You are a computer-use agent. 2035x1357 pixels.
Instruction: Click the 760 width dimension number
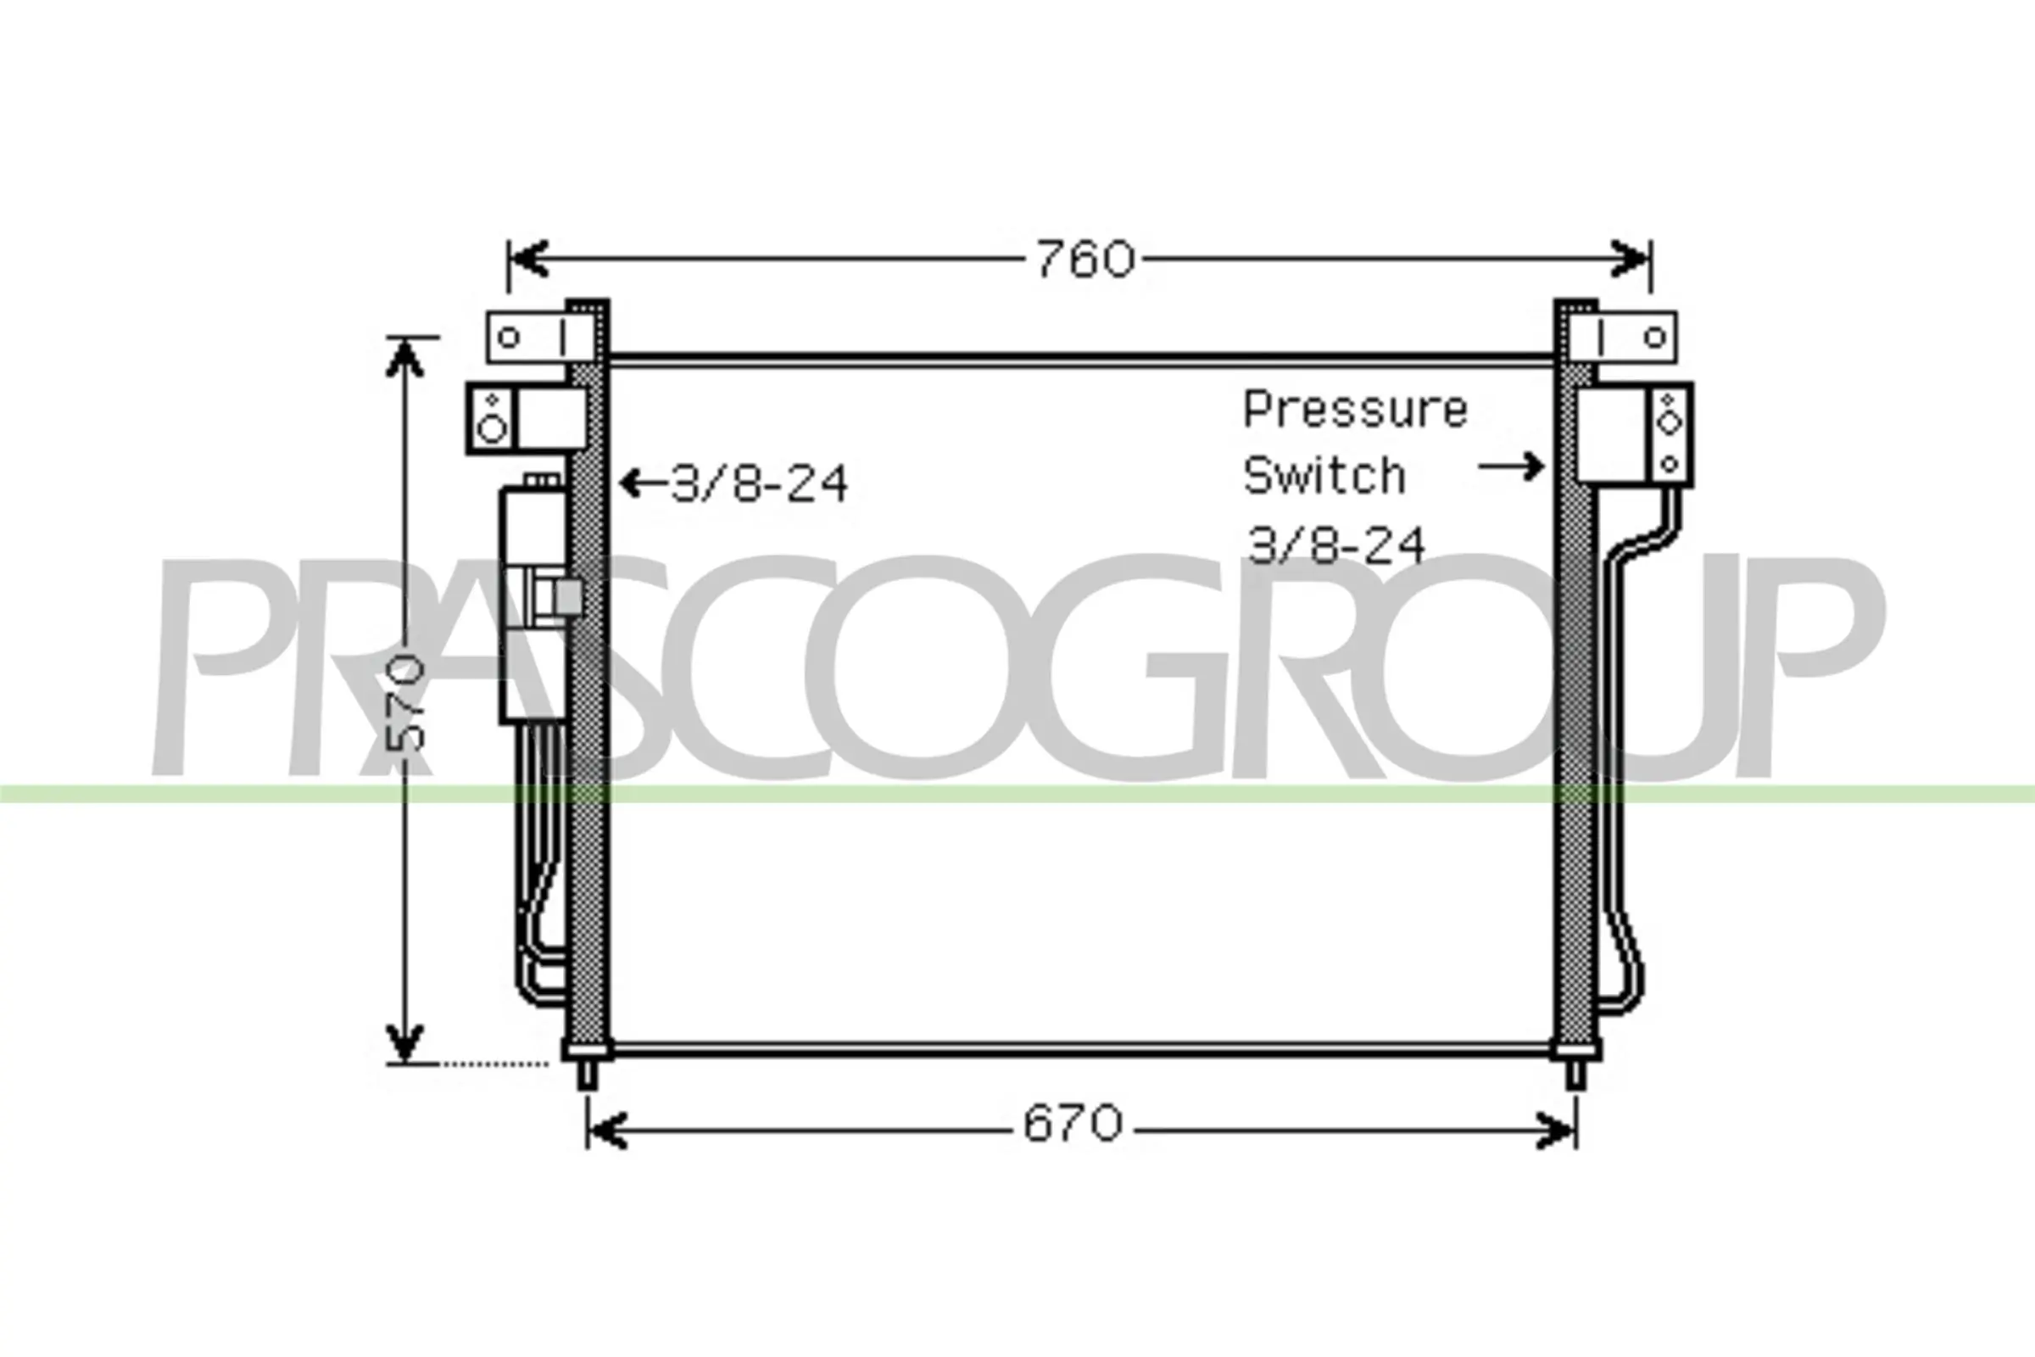[1085, 260]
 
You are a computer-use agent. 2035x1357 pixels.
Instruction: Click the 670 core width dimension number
[1072, 1125]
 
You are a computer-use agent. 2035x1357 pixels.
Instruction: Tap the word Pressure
[1355, 410]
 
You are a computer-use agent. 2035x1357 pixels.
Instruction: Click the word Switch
[1324, 475]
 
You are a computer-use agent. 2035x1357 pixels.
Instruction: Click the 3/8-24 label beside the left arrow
[759, 483]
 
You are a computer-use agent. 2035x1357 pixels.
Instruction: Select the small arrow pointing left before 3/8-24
[644, 483]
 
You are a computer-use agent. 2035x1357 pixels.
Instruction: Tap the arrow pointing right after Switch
[1511, 466]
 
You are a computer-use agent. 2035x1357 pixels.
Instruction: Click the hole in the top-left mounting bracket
[510, 338]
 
